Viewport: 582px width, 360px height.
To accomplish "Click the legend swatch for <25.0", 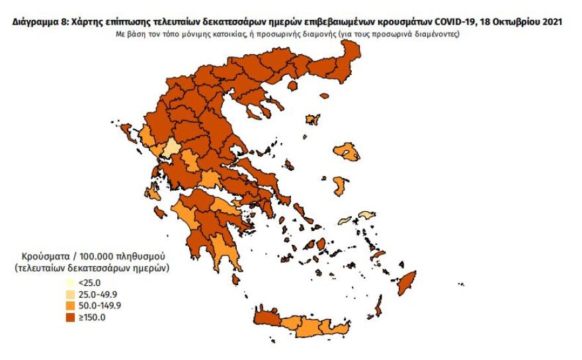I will click(x=69, y=282).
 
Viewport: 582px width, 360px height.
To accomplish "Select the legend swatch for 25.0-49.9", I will click(x=69, y=294).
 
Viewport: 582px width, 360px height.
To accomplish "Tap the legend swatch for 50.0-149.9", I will click(x=69, y=306).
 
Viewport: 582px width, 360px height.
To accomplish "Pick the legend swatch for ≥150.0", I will click(x=69, y=318).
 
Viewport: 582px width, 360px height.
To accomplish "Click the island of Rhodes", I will click(x=408, y=281).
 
